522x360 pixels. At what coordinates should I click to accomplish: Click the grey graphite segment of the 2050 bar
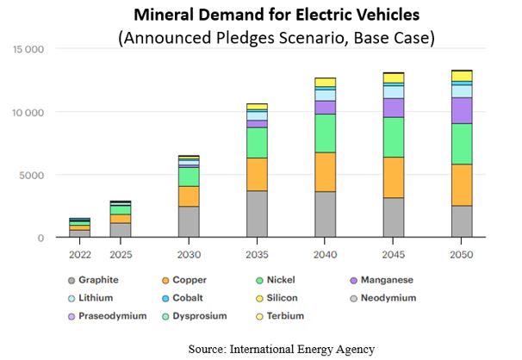[462, 221]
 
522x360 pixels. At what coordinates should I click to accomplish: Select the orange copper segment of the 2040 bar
[325, 172]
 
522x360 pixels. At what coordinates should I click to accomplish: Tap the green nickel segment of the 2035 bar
[257, 143]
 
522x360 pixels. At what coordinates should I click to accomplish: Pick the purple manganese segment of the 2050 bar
[462, 110]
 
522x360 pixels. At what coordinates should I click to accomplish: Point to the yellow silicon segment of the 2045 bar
[394, 78]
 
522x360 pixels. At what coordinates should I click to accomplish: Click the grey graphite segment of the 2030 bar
[189, 221]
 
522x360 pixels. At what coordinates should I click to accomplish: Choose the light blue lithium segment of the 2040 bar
[325, 95]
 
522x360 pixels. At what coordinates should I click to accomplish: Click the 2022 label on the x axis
[80, 255]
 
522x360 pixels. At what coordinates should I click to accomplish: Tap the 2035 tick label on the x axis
[257, 255]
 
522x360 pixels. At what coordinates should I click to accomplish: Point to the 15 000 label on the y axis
[28, 50]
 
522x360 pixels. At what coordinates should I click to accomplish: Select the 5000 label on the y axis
[32, 176]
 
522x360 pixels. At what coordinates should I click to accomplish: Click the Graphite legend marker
[71, 281]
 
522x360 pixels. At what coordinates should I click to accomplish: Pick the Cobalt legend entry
[182, 298]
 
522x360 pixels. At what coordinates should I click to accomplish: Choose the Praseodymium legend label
[113, 316]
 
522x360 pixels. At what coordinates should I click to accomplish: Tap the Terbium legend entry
[280, 316]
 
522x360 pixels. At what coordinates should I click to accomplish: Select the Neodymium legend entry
[383, 298]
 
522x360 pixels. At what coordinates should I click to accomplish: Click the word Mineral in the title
[161, 15]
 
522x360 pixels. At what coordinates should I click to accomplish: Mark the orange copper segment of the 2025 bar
[121, 219]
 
